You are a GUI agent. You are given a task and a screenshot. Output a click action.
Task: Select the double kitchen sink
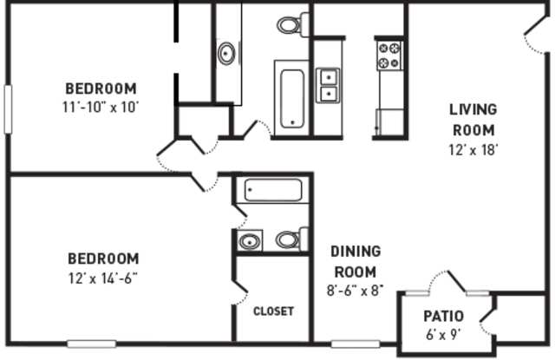[329, 84]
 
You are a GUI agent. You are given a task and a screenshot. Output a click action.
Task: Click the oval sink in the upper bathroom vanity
[227, 53]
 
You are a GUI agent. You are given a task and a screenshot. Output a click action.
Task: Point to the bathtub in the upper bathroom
[291, 98]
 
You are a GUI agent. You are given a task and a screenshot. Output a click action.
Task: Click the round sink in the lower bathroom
[250, 241]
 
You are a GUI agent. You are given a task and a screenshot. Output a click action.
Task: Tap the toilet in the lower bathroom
[291, 239]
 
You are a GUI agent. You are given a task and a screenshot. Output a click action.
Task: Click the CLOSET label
[273, 311]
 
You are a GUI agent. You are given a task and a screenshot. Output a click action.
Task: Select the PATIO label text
[443, 316]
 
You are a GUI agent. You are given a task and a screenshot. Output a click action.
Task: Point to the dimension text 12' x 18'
[473, 148]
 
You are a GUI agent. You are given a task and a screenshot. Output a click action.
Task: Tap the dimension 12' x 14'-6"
[102, 277]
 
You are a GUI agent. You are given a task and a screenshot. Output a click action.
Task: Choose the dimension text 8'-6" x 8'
[356, 290]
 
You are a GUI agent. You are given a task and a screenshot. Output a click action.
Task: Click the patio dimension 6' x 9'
[443, 334]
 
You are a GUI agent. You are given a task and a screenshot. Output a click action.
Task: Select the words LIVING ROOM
[473, 120]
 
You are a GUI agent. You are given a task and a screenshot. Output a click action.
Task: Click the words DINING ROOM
[356, 261]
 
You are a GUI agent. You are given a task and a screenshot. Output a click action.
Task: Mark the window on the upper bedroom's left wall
[8, 108]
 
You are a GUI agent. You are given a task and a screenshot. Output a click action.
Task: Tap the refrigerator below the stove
[389, 121]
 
